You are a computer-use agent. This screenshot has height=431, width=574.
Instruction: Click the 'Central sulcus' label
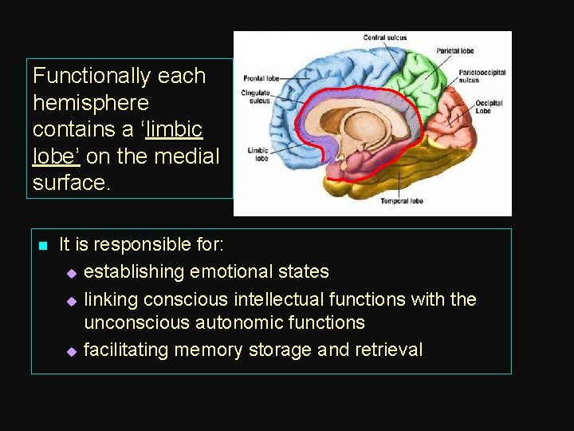point(386,38)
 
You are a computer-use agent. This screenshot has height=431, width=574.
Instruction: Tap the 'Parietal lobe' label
point(455,52)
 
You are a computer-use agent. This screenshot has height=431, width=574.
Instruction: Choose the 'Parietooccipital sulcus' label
point(482,77)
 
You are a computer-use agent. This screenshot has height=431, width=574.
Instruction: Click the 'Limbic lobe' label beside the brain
point(257,153)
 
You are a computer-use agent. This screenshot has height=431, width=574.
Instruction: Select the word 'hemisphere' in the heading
point(91,103)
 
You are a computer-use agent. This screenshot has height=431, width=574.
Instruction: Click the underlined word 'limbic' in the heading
point(175,130)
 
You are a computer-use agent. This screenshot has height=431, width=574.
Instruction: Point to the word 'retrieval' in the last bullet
point(388,350)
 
